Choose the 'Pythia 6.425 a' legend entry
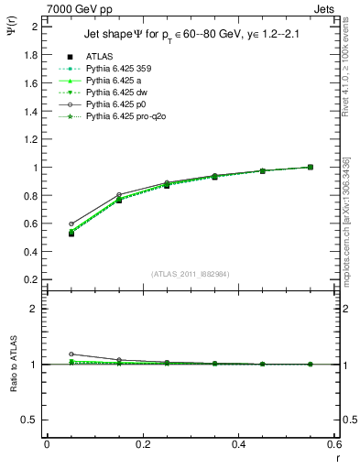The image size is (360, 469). click(115, 81)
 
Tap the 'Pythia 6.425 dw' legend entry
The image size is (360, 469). click(118, 93)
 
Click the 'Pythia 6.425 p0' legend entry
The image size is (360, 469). click(118, 104)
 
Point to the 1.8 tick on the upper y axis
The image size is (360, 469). click(32, 55)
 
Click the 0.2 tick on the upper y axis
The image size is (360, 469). click(32, 280)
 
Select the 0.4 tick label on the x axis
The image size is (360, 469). click(239, 445)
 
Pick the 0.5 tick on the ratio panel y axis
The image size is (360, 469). click(32, 420)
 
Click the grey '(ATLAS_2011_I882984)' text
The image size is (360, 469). click(191, 273)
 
